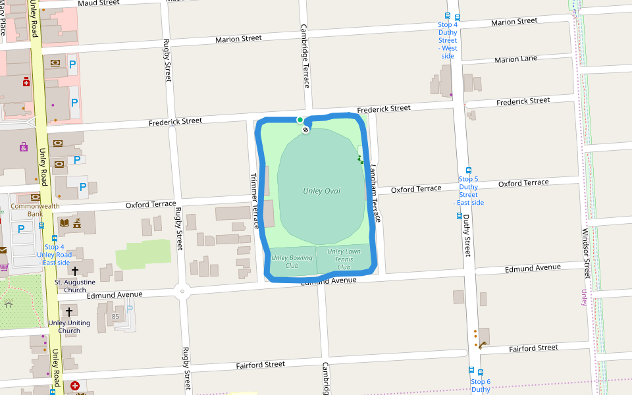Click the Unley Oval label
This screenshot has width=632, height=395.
pos(321,191)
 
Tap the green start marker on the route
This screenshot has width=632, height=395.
pos(300,120)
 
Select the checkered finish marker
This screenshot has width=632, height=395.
pos(305,130)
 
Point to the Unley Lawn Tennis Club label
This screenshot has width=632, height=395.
pos(344,259)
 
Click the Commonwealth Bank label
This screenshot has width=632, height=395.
pos(35,209)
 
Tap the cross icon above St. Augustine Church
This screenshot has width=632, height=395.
pos(74,271)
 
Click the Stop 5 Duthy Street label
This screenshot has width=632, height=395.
pos(468,190)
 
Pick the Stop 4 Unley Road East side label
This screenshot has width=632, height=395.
pos(55,255)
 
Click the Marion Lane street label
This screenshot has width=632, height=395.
pos(515,59)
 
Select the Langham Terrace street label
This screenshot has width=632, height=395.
pos(375,192)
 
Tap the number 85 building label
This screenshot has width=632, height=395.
pos(115,317)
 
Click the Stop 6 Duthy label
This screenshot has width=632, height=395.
pos(480,385)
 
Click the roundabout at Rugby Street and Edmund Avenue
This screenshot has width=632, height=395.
pos(182,290)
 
